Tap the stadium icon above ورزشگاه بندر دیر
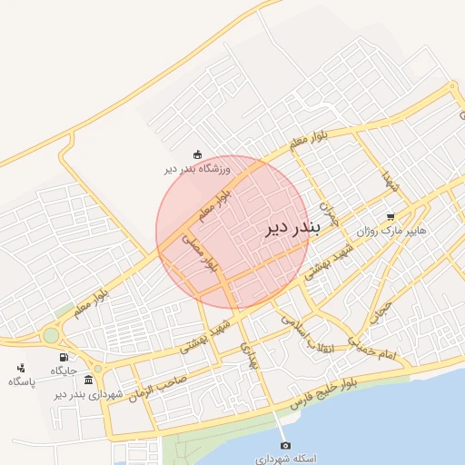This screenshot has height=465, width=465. (197, 154)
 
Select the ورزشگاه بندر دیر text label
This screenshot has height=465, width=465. (197, 169)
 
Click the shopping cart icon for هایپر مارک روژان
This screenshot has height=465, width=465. (391, 217)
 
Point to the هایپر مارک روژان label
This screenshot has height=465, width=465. (366, 232)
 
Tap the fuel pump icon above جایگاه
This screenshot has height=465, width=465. (63, 357)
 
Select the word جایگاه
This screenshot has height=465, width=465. (63, 371)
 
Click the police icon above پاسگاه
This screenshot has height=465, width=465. (21, 367)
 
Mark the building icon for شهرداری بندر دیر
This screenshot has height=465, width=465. (88, 380)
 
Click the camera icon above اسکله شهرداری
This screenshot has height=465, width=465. (285, 445)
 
